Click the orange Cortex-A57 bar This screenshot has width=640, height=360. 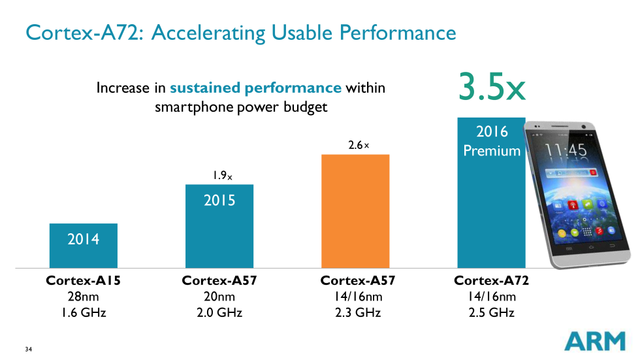(x=355, y=211)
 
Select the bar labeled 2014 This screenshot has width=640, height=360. (x=84, y=246)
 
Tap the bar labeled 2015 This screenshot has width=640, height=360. (x=219, y=226)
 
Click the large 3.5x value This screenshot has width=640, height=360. (x=491, y=88)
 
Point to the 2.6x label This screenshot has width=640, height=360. (x=359, y=145)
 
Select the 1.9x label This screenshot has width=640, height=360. (x=221, y=175)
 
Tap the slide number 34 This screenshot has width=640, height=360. (x=29, y=349)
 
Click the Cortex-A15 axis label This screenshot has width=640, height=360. (x=84, y=281)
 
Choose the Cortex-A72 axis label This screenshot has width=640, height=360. (x=491, y=281)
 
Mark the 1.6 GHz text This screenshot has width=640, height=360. (x=84, y=312)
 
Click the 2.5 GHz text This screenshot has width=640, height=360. (x=491, y=312)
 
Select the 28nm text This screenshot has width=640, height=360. (x=84, y=297)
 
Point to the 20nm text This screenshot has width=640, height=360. (x=219, y=297)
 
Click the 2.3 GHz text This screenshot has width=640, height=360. (x=357, y=312)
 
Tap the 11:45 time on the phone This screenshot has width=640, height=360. (x=566, y=150)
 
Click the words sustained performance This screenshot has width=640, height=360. (x=255, y=88)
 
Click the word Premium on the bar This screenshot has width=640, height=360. (x=492, y=151)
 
